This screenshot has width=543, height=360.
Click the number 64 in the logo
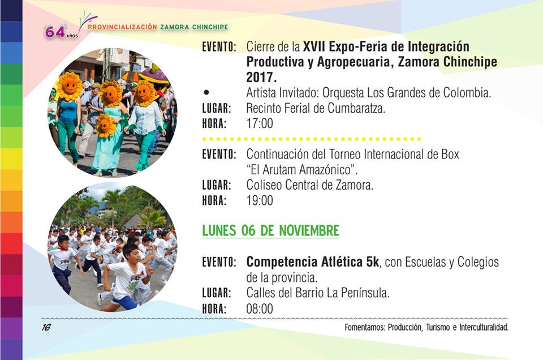click(x=55, y=32)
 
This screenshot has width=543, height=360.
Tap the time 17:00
click(x=260, y=123)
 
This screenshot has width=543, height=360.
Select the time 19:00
click(x=260, y=200)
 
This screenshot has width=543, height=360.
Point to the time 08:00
click(x=260, y=308)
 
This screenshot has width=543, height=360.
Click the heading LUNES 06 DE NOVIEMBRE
click(x=270, y=230)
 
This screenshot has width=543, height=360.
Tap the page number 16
click(x=46, y=327)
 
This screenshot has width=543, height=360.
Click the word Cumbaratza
click(x=356, y=108)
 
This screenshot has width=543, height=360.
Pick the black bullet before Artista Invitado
click(x=207, y=92)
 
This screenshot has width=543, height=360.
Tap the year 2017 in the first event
click(x=261, y=77)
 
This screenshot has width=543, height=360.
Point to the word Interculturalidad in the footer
click(x=484, y=327)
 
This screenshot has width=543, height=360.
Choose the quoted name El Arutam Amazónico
click(x=301, y=169)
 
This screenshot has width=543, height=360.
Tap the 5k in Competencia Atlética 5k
click(x=372, y=262)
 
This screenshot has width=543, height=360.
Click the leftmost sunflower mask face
click(x=70, y=85)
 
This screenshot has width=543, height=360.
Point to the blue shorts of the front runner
click(x=124, y=302)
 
